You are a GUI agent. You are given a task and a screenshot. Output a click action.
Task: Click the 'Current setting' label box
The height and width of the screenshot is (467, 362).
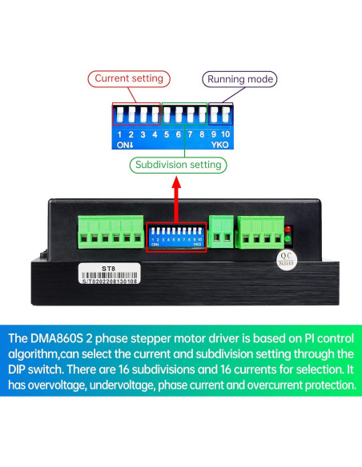coord(129,78)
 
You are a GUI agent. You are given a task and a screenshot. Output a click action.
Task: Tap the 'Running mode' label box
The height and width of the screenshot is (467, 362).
coord(240,79)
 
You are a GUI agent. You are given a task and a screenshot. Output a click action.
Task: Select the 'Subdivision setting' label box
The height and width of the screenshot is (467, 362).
coord(178,165)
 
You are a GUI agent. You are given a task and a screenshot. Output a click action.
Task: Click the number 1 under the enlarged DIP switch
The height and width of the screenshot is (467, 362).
coord(119,134)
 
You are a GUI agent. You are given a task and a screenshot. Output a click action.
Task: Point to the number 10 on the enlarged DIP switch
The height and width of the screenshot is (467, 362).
coord(226,134)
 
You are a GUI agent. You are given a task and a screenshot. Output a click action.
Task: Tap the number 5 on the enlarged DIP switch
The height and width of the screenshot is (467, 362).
coord(167,134)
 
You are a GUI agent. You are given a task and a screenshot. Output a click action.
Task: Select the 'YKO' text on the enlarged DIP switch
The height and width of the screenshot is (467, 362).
coord(220,146)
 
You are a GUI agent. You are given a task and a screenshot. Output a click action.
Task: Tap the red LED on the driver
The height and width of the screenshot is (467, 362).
coord(288,230)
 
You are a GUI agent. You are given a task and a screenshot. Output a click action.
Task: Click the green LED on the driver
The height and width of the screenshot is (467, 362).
coord(288,239)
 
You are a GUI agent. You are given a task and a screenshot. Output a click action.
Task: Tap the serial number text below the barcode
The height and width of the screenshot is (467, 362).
coord(110,281)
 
